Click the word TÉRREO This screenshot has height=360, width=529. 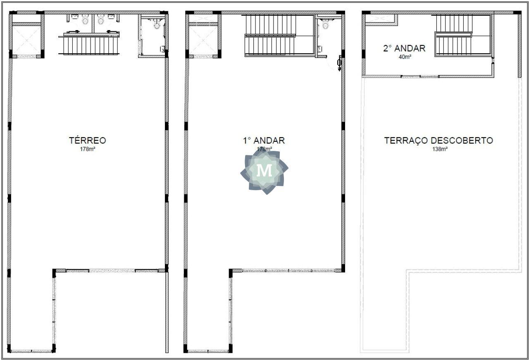click(87, 140)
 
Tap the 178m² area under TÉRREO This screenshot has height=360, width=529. click(87, 149)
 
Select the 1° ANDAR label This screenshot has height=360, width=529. click(264, 141)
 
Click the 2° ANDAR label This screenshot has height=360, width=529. click(404, 48)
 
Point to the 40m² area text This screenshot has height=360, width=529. click(405, 57)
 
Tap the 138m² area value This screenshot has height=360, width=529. click(440, 149)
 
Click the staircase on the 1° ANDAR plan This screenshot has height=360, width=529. click(270, 36)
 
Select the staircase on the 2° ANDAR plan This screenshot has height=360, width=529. click(453, 36)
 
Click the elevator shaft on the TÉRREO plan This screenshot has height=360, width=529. click(26, 40)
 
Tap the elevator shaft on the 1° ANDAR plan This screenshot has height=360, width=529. click(203, 40)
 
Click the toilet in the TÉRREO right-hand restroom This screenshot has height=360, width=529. click(157, 24)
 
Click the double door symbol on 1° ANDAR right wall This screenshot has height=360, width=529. click(339, 63)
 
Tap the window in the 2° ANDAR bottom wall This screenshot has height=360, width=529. click(420, 76)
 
